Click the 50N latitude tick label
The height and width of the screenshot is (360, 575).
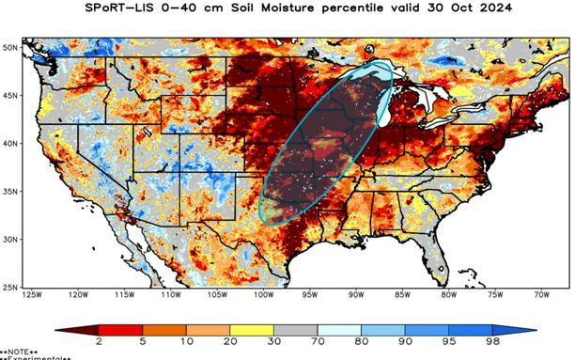[x=10, y=46]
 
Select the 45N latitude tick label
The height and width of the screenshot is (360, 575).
[x=10, y=94]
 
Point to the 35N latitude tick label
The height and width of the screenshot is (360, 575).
[x=10, y=191]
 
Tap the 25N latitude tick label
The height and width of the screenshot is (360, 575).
[x=10, y=287]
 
